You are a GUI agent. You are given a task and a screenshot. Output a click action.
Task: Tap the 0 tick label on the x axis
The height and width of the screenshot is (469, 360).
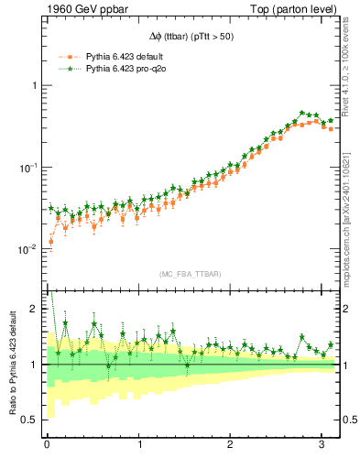tap(47, 445)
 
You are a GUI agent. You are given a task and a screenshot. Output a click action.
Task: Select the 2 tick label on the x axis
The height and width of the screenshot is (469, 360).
tap(231, 445)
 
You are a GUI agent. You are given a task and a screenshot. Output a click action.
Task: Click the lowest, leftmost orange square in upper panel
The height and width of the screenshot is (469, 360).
tap(50, 242)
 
